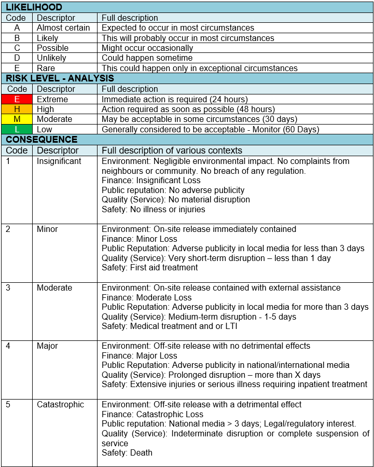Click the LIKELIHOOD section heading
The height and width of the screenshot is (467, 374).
[x=34, y=7]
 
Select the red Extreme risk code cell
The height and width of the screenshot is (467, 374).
[x=17, y=99]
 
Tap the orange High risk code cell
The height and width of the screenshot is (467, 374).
[x=17, y=109]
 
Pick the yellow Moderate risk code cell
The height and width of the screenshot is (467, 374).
[x=17, y=119]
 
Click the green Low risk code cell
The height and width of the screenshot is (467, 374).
[x=17, y=129]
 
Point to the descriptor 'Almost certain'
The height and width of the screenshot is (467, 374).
[x=63, y=28]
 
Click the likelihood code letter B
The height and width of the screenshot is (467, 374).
[x=17, y=38]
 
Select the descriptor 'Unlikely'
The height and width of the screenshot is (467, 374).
[x=52, y=58]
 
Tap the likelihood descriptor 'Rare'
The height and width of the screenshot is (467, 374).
[x=46, y=68]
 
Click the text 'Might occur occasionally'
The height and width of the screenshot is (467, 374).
[x=147, y=48]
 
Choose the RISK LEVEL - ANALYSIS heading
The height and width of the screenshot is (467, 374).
[x=60, y=78]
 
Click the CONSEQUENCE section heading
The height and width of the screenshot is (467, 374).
[x=41, y=140]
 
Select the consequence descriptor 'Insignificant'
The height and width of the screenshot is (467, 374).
[x=59, y=161]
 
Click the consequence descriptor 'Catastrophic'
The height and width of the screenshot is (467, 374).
[x=60, y=404]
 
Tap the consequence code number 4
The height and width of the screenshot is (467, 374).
[x=8, y=346]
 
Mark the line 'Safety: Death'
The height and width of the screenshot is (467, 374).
[x=127, y=452]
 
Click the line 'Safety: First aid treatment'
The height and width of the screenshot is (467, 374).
[x=149, y=268]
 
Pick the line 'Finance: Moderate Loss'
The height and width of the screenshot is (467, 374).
[x=146, y=297]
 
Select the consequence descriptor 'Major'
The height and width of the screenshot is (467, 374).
[x=47, y=346]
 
